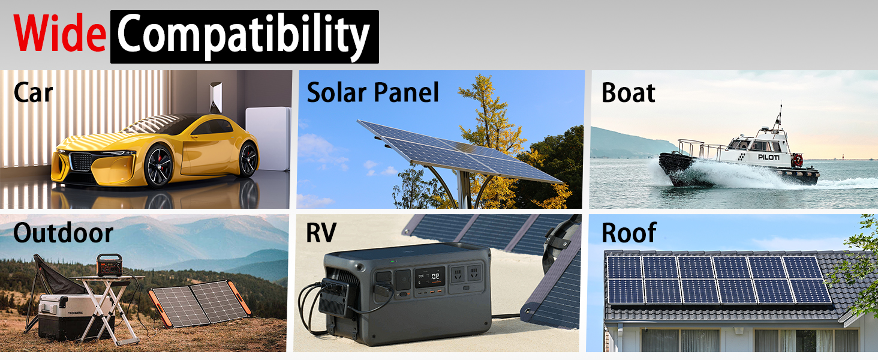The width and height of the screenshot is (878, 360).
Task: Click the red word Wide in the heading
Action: pyautogui.click(x=60, y=33)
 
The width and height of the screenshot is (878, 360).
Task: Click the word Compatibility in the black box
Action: pyautogui.click(x=243, y=37)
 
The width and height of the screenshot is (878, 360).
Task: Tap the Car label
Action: pyautogui.click(x=34, y=93)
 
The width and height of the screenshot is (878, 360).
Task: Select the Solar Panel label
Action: pyautogui.click(x=373, y=92)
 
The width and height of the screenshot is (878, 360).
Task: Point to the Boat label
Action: pyautogui.click(x=629, y=93)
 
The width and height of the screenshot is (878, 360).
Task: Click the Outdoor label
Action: pyautogui.click(x=63, y=233)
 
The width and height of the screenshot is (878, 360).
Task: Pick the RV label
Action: pyautogui.click(x=321, y=233)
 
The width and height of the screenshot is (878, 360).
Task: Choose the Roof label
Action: pyautogui.click(x=629, y=233)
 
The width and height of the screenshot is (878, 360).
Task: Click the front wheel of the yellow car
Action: pyautogui.click(x=159, y=166)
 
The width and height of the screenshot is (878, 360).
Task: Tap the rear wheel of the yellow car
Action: pyautogui.click(x=248, y=160)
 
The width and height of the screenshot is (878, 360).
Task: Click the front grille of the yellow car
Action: pyautogui.click(x=81, y=161)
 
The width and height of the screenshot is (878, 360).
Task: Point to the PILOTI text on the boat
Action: pyautogui.click(x=769, y=157)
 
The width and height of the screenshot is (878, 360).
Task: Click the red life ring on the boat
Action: pyautogui.click(x=798, y=160)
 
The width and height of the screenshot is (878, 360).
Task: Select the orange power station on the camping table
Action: pyautogui.click(x=109, y=265)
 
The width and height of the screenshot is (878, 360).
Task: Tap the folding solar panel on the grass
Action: pyautogui.click(x=199, y=303)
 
